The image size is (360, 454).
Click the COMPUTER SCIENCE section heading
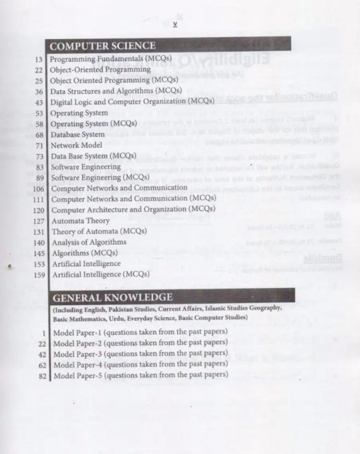pos(102,46)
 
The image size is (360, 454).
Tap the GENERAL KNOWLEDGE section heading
pos(112,296)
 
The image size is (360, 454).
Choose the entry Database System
pos(78,134)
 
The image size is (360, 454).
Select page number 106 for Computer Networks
pos(36,189)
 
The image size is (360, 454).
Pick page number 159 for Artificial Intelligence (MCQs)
pos(36,274)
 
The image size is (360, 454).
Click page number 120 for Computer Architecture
pos(36,209)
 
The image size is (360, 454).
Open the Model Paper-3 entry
pos(140,354)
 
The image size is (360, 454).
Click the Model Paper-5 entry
pos(140,376)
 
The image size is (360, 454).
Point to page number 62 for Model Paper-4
pos(39,364)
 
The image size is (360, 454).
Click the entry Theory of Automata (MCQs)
pos(99,231)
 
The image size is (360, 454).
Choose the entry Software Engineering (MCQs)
pos(100,177)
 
